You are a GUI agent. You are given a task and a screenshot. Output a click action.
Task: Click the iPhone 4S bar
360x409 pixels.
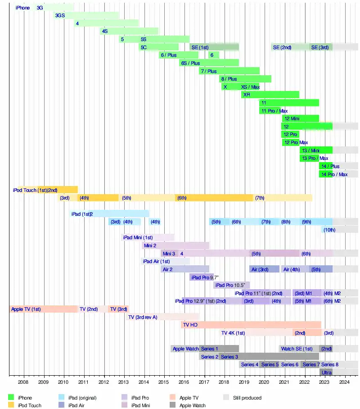coord(129,31)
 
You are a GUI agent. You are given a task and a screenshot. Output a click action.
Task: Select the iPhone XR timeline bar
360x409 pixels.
coord(270,95)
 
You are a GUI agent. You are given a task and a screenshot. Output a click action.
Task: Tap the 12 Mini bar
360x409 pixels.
coord(300,118)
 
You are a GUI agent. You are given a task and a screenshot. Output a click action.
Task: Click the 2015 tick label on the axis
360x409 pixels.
coord(164,382)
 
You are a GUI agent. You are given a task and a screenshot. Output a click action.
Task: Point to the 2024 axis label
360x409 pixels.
coord(344,382)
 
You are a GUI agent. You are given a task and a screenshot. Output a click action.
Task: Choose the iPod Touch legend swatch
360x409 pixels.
coord(11,405)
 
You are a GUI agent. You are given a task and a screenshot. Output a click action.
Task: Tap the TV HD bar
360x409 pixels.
coord(251,324)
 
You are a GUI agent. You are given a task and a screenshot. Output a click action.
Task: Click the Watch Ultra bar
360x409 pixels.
coord(326,373)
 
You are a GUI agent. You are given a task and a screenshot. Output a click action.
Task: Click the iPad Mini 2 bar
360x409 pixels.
coord(175,245)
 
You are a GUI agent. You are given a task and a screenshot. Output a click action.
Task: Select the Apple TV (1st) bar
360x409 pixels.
coord(43,309)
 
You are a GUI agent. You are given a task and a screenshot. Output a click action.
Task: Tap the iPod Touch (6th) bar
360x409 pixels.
coord(214,198)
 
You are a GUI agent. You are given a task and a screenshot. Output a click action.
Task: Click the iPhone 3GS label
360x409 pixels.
coord(60,15)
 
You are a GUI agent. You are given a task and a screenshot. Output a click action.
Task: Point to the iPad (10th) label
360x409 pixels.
coord(329,230)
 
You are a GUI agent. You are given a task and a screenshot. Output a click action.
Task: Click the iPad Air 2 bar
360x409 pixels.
coord(184,269)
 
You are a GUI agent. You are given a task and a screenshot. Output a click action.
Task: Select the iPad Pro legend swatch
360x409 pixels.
coord(125,398)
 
